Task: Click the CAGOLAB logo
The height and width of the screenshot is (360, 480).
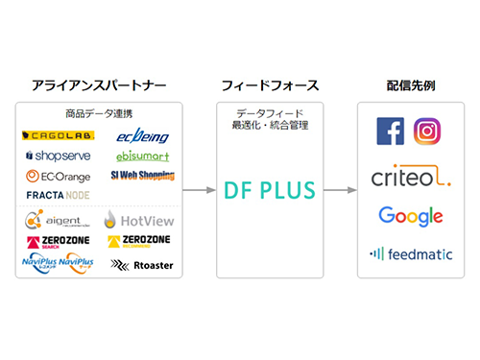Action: point(54,136)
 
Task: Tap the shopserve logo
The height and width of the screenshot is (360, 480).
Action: point(57,156)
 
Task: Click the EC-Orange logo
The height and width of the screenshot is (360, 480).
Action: point(58,177)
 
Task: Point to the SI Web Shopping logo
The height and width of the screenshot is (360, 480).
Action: point(142,177)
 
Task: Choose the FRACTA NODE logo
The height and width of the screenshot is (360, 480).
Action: point(57,196)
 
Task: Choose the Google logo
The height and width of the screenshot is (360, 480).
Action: point(410,217)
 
